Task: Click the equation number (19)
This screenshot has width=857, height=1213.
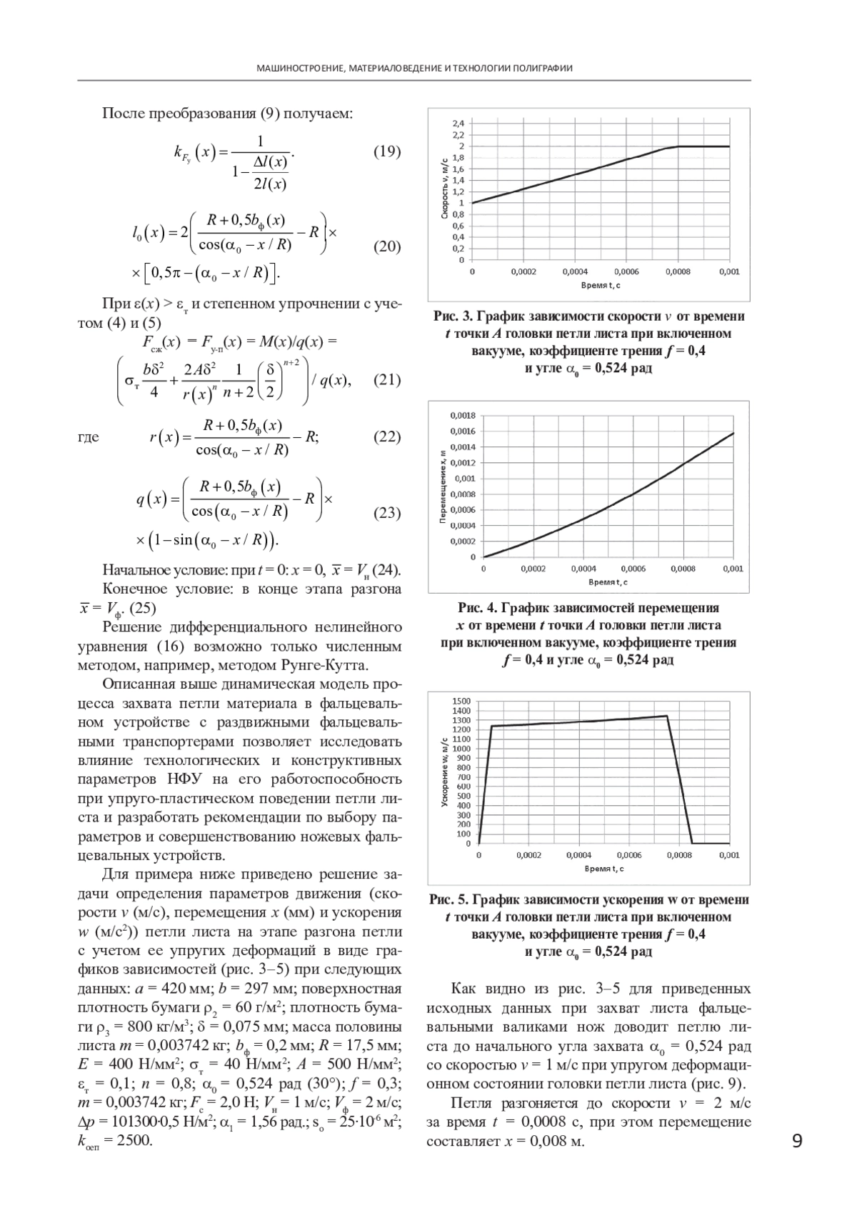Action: [387, 151]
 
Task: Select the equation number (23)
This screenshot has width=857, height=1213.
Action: [387, 512]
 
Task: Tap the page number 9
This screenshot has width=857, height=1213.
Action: [797, 1141]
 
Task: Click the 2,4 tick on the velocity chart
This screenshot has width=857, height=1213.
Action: [458, 124]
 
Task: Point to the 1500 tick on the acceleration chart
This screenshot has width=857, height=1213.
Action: [462, 702]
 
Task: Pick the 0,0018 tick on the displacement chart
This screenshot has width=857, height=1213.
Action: [463, 416]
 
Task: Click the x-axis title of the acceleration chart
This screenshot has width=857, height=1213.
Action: [603, 869]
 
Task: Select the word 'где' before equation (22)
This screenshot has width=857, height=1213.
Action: [89, 437]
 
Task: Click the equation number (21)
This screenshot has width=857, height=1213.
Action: [387, 379]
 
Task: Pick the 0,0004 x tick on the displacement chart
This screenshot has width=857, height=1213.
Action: [583, 569]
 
